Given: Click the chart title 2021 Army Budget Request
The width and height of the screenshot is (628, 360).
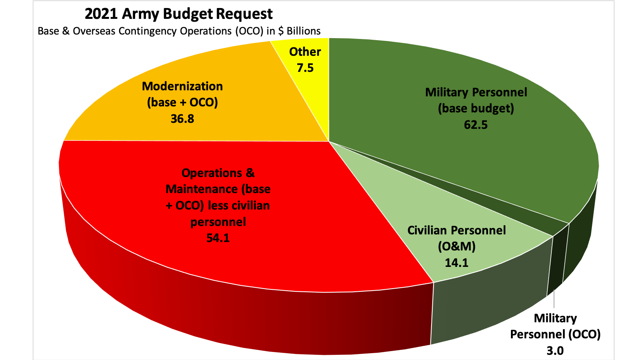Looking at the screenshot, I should [x=178, y=14].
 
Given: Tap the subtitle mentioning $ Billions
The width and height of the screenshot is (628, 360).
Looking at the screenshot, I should [x=179, y=31].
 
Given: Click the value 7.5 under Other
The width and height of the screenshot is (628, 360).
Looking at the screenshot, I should [x=305, y=68].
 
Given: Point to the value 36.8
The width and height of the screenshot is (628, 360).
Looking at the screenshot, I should [x=182, y=119].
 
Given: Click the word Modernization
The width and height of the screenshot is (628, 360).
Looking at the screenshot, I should [x=182, y=86].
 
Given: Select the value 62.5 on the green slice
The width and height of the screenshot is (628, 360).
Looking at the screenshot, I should [x=476, y=125].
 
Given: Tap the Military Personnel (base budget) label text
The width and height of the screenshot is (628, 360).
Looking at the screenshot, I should [x=476, y=100].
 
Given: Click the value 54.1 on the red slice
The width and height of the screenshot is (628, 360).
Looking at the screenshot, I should [x=218, y=238].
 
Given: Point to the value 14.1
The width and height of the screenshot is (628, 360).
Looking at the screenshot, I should [x=456, y=262].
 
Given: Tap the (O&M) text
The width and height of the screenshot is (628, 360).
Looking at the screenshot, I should [x=456, y=246].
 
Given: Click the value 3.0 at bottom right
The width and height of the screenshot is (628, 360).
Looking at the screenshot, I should [x=555, y=351].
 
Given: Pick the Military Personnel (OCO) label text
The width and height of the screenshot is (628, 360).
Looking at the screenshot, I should [x=555, y=326].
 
